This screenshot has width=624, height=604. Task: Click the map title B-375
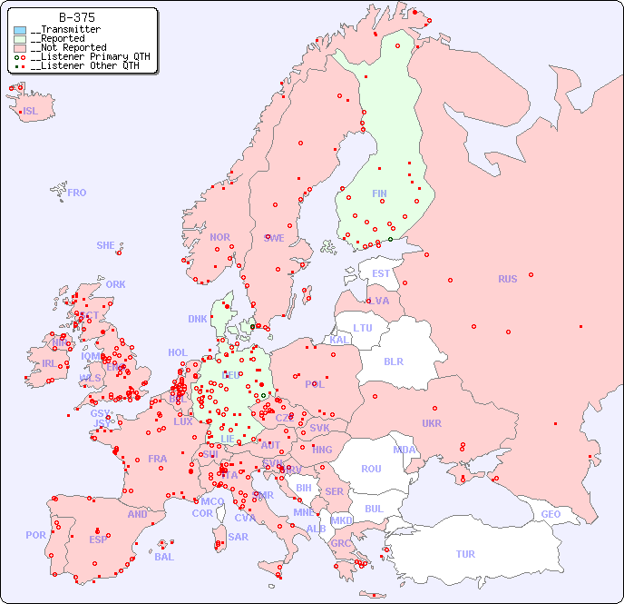78,17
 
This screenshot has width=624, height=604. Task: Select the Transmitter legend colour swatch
20,30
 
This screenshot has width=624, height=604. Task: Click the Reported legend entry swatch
20,39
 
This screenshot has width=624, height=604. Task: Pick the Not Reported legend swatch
20,48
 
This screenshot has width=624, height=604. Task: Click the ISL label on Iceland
31,112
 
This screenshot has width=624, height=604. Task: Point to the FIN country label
379,193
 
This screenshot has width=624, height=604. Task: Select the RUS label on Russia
507,279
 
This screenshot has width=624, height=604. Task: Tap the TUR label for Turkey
465,554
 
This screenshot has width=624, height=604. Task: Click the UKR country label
431,423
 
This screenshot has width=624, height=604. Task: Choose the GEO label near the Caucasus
551,514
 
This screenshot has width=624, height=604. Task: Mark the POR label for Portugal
35,535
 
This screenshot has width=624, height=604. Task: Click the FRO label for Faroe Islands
77,193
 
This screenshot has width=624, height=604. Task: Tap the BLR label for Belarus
393,361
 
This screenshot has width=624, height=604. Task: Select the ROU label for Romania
371,469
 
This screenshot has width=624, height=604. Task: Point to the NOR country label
219,237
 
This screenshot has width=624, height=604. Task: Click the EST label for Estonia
381,273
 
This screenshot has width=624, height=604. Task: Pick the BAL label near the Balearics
164,557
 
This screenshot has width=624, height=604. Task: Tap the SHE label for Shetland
106,245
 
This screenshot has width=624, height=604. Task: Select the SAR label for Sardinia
238,537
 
